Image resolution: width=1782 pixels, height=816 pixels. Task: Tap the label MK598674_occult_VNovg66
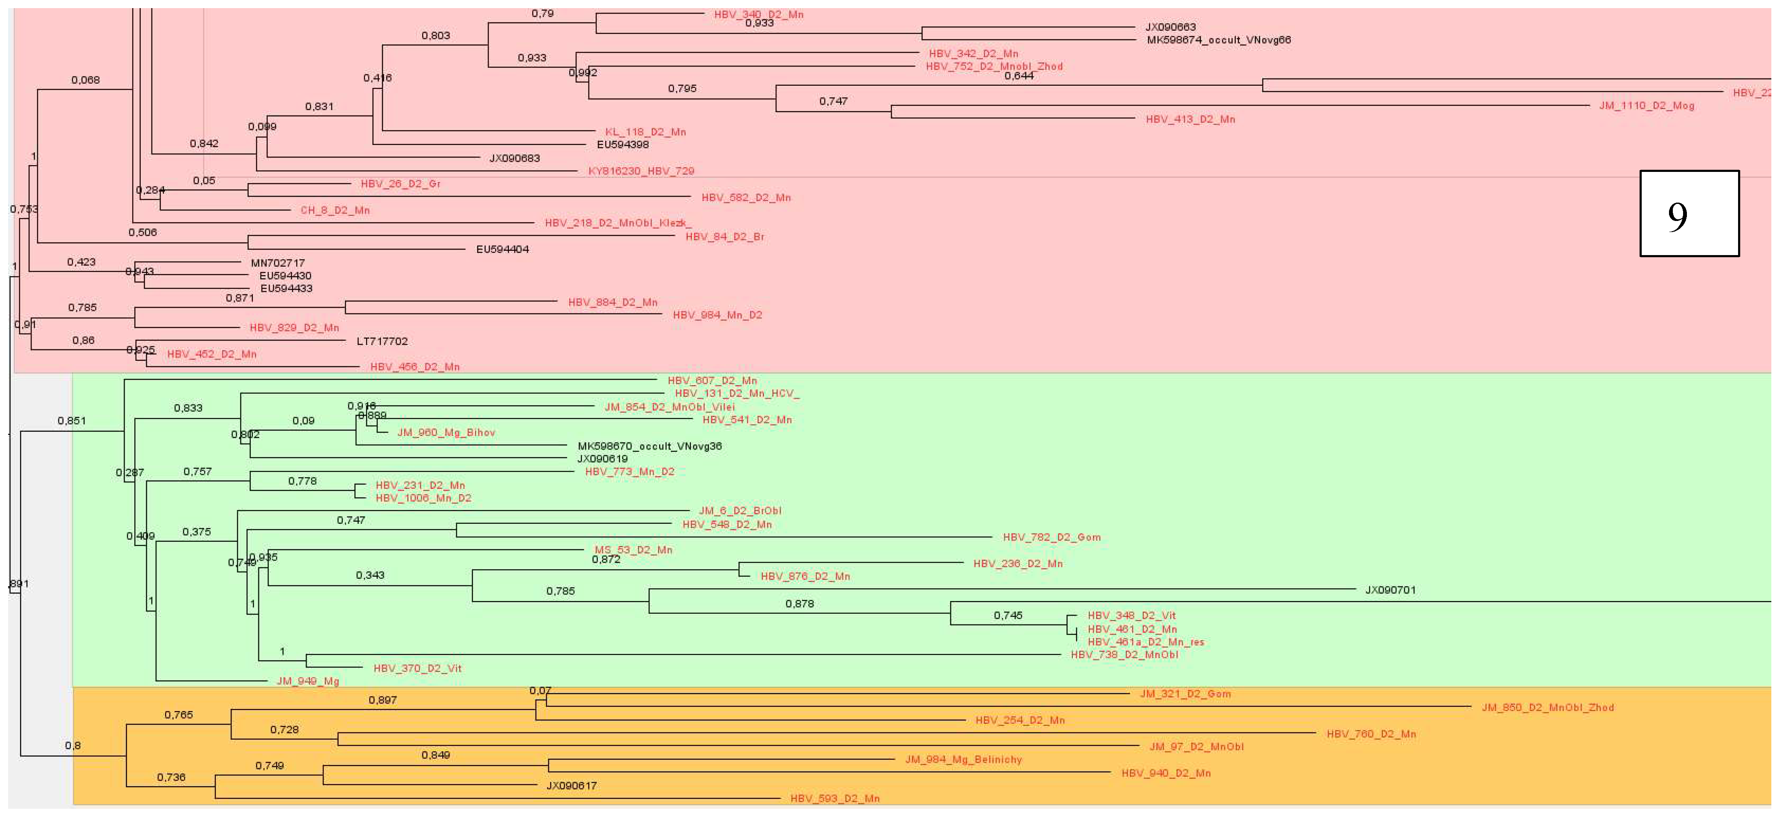point(1218,40)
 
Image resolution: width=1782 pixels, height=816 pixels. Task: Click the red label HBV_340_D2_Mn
point(758,15)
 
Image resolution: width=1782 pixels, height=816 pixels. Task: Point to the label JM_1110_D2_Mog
point(1646,106)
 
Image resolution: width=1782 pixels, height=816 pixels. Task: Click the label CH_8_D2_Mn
point(335,210)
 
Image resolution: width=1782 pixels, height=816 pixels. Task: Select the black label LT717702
point(382,341)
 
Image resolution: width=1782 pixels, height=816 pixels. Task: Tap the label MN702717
point(278,263)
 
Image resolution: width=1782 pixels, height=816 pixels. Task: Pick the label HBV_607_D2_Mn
point(712,380)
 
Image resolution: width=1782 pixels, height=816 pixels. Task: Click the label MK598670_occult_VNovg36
point(649,447)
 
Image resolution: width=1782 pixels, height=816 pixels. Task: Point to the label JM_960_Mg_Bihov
point(446,433)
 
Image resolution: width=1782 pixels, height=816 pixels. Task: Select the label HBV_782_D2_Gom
point(1052,537)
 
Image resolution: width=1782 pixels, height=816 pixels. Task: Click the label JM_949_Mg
point(308,681)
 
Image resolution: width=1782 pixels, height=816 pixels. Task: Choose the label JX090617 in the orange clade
point(571,786)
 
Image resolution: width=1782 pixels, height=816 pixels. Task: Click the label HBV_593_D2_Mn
point(835,799)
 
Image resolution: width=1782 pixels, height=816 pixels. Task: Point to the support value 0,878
point(799,604)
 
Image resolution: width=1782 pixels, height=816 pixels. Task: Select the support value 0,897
point(382,700)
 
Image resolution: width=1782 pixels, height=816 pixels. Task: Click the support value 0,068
point(85,80)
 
